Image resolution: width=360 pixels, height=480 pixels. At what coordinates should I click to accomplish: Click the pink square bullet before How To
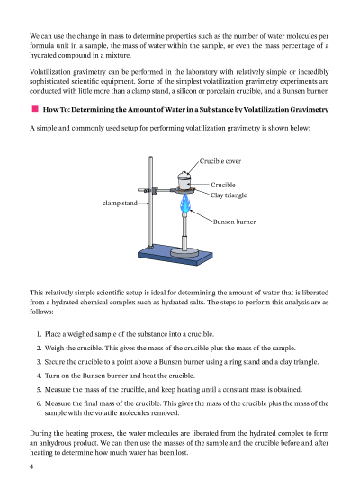click(x=35, y=109)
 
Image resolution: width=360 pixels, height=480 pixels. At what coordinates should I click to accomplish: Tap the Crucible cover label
click(x=220, y=161)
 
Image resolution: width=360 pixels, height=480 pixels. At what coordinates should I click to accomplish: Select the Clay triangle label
click(x=229, y=195)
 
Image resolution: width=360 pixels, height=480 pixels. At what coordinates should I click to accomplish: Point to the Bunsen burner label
click(x=234, y=222)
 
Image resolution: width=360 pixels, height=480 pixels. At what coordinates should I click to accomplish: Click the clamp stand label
click(x=120, y=203)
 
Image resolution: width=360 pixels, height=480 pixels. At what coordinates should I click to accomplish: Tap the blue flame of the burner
click(x=184, y=204)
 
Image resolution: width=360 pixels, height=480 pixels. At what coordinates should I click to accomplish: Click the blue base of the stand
click(x=175, y=255)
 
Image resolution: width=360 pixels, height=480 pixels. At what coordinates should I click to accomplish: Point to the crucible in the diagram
click(x=184, y=183)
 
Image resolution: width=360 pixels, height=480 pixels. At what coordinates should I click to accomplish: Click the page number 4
click(x=31, y=466)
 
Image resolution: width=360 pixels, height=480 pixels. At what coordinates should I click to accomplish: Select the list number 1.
click(x=39, y=334)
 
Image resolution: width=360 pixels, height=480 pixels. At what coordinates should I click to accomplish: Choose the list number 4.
click(x=39, y=376)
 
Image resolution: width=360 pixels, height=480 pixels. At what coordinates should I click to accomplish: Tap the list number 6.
click(x=39, y=403)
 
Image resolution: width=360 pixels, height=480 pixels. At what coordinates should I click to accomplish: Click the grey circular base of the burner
click(x=184, y=252)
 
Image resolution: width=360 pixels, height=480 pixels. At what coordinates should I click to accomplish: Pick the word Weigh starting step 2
click(x=54, y=348)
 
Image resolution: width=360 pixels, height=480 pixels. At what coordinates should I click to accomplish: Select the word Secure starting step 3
click(x=55, y=362)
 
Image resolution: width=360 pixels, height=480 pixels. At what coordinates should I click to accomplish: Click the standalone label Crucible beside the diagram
click(x=223, y=185)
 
